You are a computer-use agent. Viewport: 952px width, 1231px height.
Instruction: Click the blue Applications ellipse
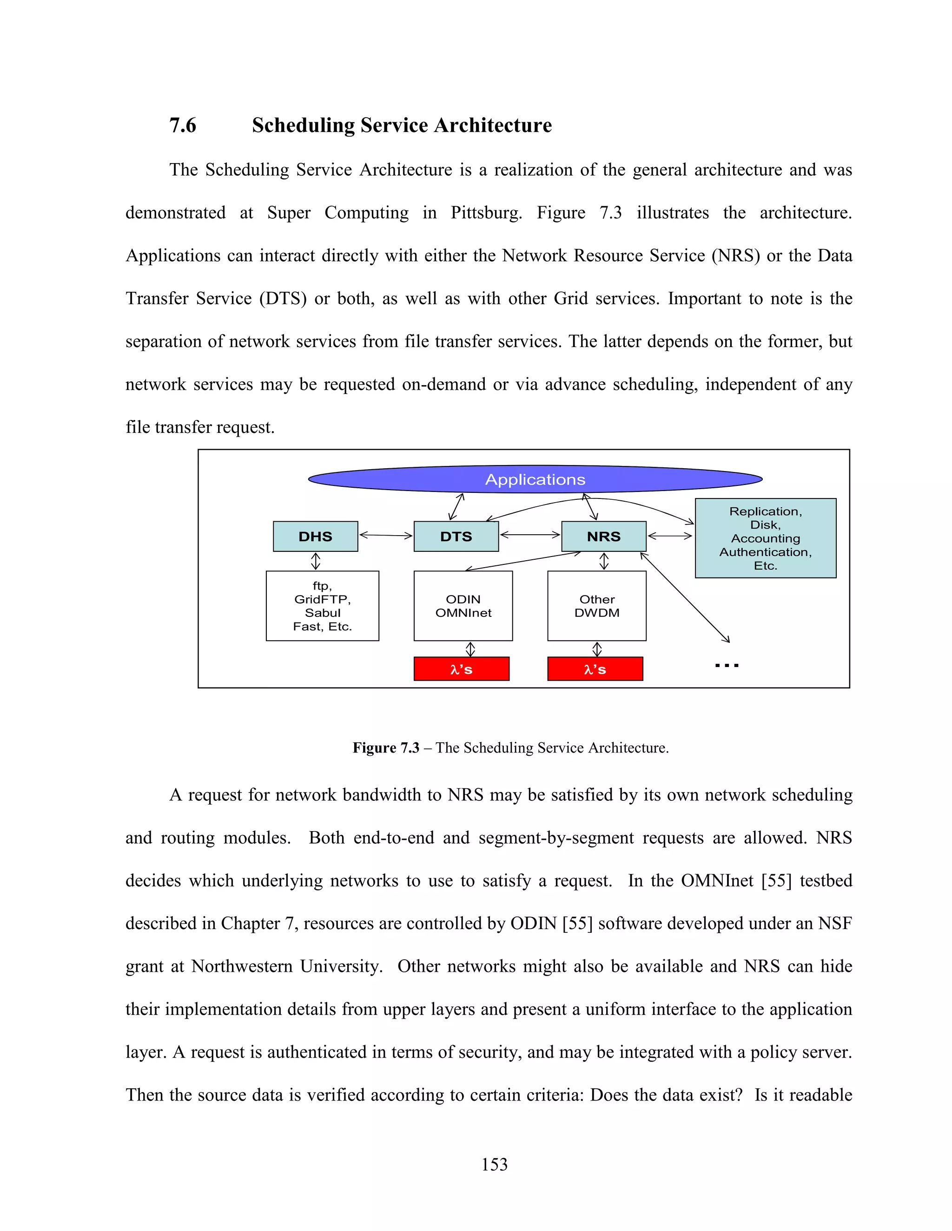click(535, 479)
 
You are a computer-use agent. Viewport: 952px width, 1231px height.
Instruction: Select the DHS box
click(315, 536)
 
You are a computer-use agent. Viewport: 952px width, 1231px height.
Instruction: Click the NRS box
click(603, 536)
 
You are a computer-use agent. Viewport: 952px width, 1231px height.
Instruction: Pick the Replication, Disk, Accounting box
click(765, 538)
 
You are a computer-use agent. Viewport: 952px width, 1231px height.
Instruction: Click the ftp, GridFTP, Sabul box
click(322, 606)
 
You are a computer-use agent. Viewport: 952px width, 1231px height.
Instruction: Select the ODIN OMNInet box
click(463, 606)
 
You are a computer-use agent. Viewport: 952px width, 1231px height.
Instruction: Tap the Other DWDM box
click(597, 606)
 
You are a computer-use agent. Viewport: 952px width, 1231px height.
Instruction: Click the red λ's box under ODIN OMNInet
click(461, 669)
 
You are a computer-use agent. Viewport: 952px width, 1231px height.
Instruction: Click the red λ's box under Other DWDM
click(595, 669)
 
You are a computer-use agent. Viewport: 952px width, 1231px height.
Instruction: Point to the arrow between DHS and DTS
click(386, 535)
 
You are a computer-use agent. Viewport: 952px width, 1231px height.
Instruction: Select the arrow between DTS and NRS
click(529, 535)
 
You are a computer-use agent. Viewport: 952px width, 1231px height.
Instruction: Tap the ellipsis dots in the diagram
click(727, 666)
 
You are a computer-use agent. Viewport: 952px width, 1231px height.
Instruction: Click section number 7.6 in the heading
click(183, 125)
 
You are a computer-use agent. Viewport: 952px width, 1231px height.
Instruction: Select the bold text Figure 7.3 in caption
click(386, 748)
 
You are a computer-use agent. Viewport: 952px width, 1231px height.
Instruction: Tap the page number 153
click(494, 1165)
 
